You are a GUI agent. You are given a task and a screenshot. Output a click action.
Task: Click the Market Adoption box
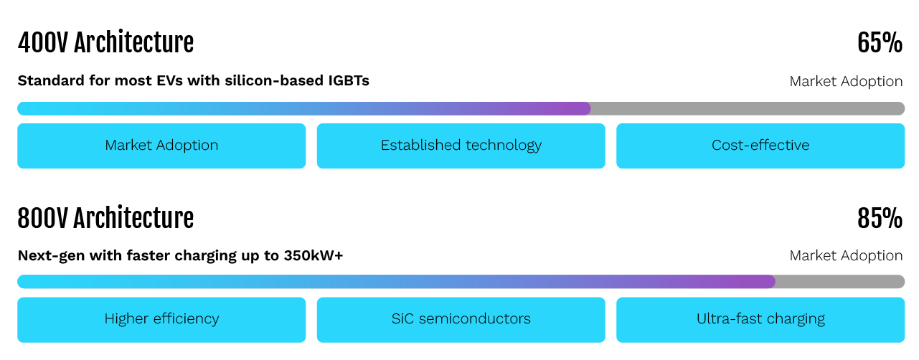click(x=161, y=146)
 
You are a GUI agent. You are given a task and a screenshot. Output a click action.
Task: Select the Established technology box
click(x=461, y=146)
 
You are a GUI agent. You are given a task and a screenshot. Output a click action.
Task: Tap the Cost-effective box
click(x=760, y=146)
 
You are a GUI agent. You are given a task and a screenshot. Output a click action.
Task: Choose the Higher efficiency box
click(x=161, y=319)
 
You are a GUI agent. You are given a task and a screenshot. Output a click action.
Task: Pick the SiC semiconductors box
click(x=461, y=319)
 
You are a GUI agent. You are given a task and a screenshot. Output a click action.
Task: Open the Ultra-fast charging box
click(x=760, y=319)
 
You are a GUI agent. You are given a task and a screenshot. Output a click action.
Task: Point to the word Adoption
click(x=187, y=146)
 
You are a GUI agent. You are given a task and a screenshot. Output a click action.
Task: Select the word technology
click(x=503, y=146)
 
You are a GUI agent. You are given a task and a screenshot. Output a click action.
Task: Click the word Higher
click(x=126, y=319)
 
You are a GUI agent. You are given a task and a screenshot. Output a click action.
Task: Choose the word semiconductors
click(x=474, y=319)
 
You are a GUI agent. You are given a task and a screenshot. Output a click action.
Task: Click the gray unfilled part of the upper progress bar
click(x=746, y=109)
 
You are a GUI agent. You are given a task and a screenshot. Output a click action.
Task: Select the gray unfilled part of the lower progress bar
click(x=839, y=282)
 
